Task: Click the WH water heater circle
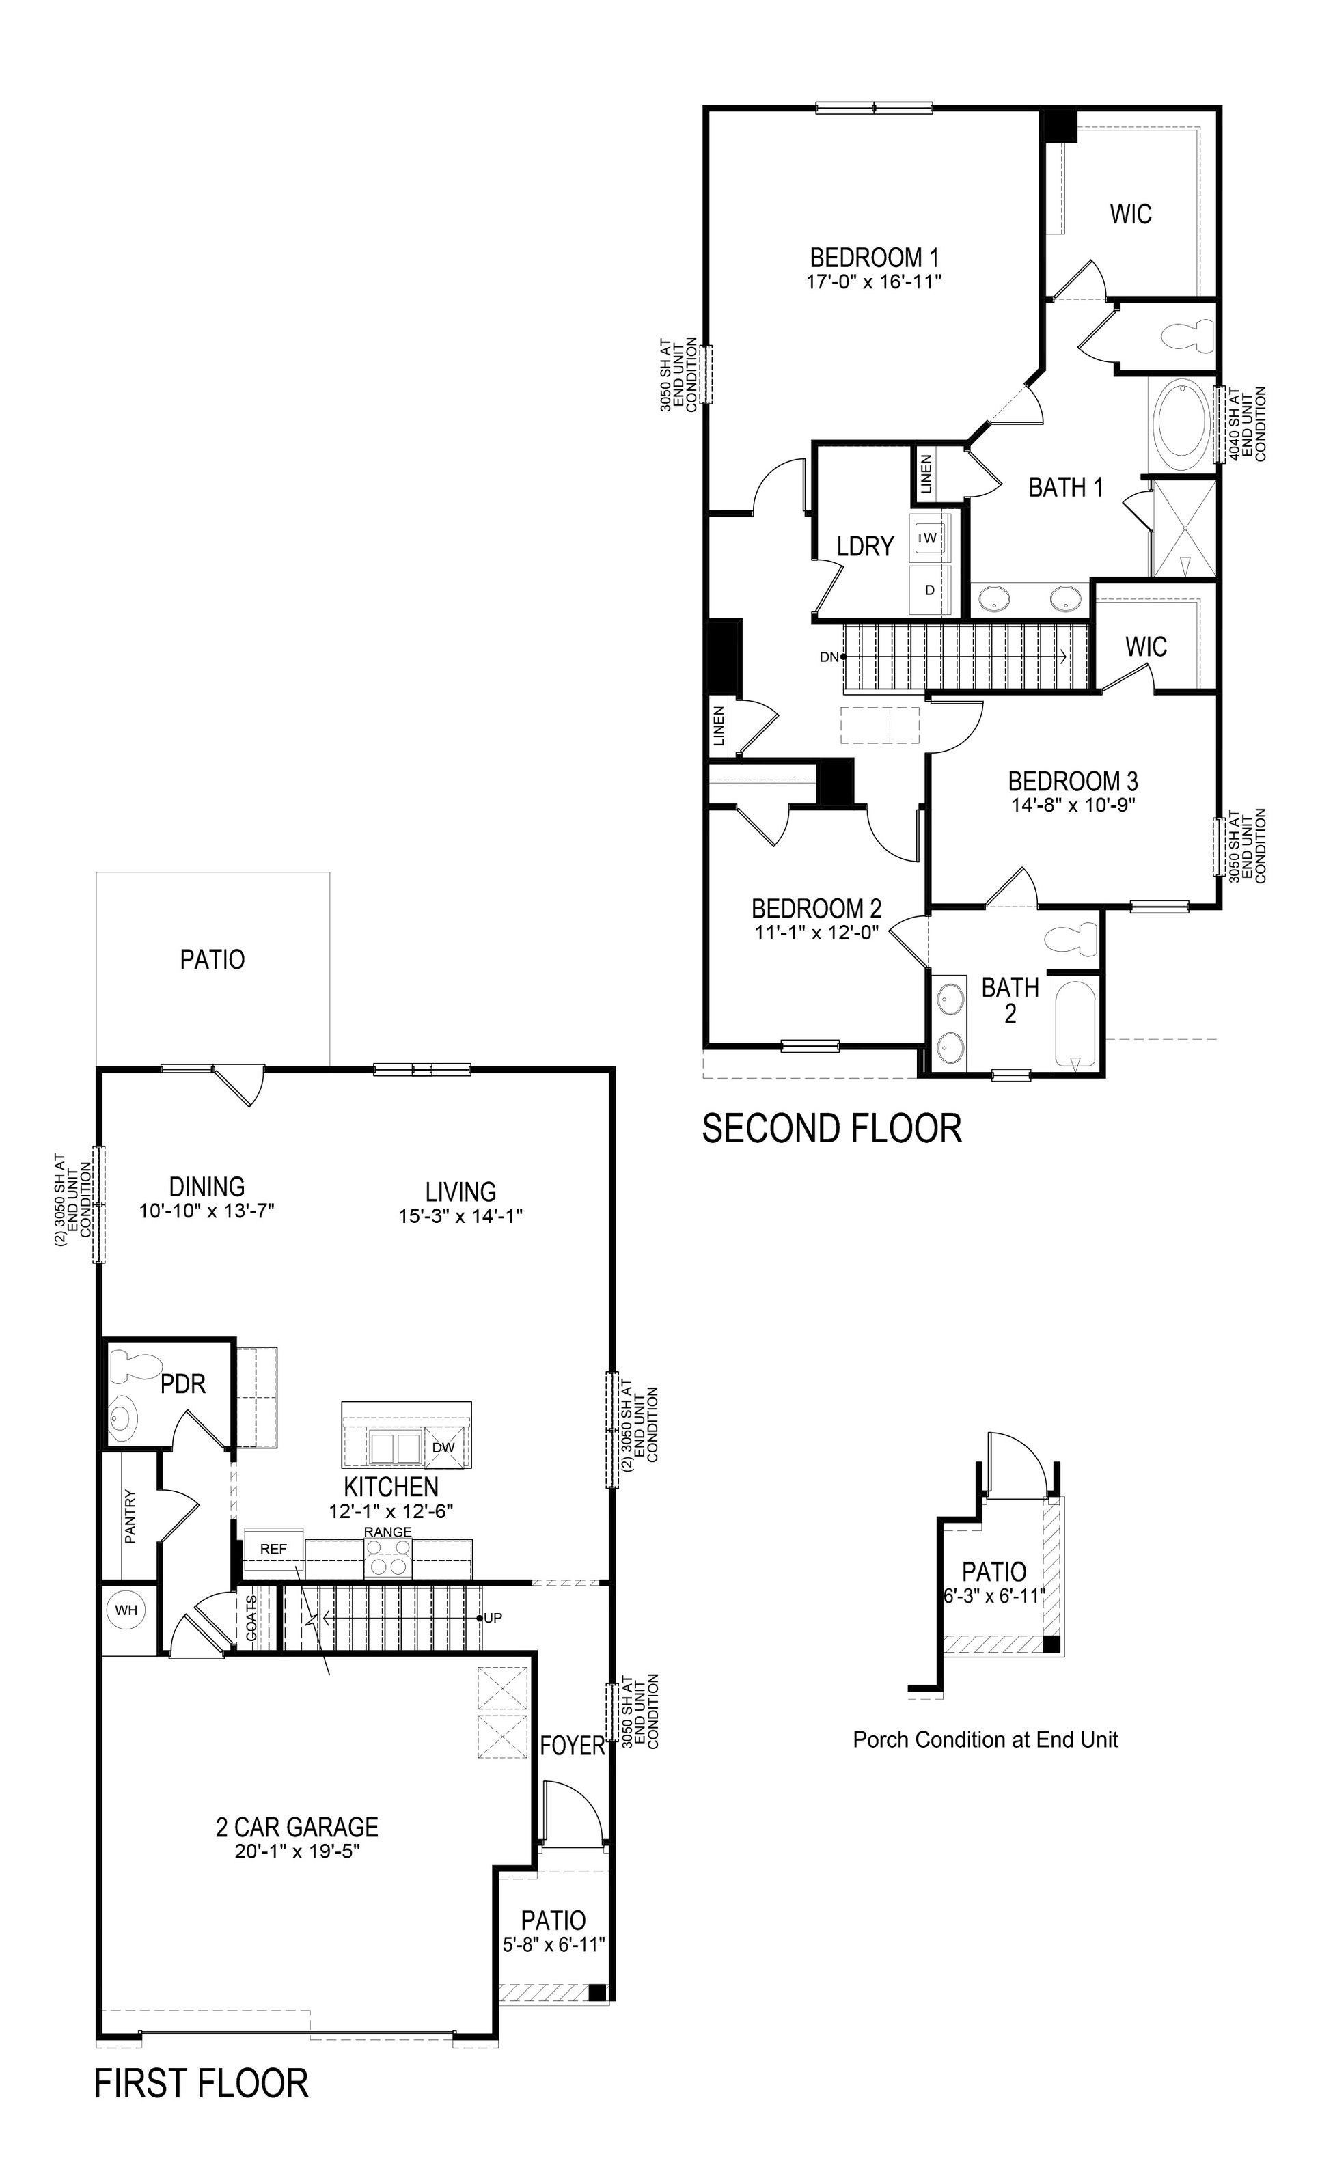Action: click(x=126, y=1610)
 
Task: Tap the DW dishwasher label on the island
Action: click(x=443, y=1448)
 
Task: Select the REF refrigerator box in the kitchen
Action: click(x=273, y=1549)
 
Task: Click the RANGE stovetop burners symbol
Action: click(x=389, y=1558)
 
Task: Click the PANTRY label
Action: click(x=130, y=1516)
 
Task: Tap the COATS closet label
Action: click(x=251, y=1618)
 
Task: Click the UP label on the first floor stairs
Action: click(x=493, y=1618)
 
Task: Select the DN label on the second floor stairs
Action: click(x=829, y=657)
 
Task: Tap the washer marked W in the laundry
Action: click(x=930, y=537)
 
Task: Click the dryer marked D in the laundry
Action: click(x=930, y=589)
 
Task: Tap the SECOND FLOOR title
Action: click(x=831, y=1129)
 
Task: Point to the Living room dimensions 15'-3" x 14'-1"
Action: click(x=460, y=1216)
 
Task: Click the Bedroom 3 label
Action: click(x=1073, y=781)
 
